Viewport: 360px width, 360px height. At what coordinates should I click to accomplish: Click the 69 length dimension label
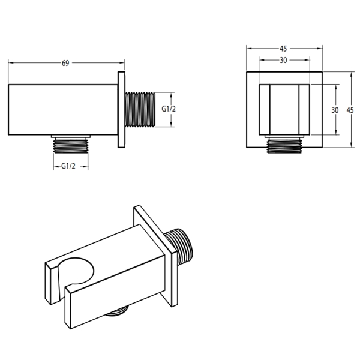tap(65, 63)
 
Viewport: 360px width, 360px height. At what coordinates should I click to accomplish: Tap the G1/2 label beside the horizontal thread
tap(169, 109)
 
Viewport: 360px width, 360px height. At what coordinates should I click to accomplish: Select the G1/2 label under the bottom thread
tap(68, 166)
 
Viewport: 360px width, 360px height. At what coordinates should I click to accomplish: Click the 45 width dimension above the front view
tap(283, 49)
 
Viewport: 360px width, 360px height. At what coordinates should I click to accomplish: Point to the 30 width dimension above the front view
tap(283, 60)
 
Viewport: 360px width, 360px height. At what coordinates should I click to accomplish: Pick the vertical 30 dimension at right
tap(335, 110)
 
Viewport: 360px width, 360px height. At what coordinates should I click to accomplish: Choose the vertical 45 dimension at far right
tap(350, 110)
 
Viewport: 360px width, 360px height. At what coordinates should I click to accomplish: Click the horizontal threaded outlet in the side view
tap(140, 110)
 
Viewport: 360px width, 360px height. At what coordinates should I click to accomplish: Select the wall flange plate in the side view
tap(121, 110)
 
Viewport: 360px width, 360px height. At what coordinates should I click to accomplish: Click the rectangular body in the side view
tap(63, 110)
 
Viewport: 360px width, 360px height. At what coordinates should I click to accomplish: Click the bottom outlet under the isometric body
tap(117, 311)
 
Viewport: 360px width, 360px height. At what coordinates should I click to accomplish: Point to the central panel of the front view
tap(284, 110)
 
